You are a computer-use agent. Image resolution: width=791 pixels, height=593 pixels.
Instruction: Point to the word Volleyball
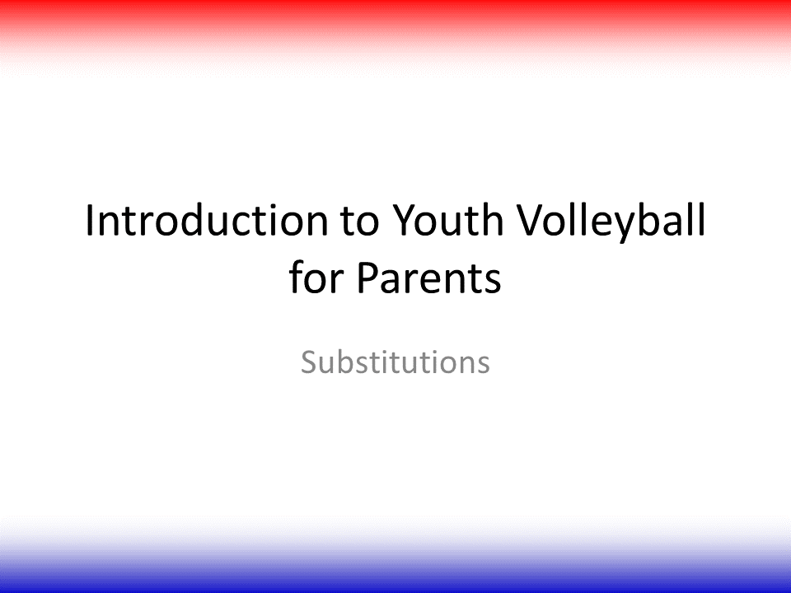[611, 222]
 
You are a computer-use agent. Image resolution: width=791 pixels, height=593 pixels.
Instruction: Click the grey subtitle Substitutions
[395, 362]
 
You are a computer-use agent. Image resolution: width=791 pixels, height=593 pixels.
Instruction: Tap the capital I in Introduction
[89, 220]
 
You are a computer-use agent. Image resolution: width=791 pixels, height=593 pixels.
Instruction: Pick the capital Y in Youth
[405, 220]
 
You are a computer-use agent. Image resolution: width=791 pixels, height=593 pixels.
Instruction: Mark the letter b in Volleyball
[652, 219]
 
